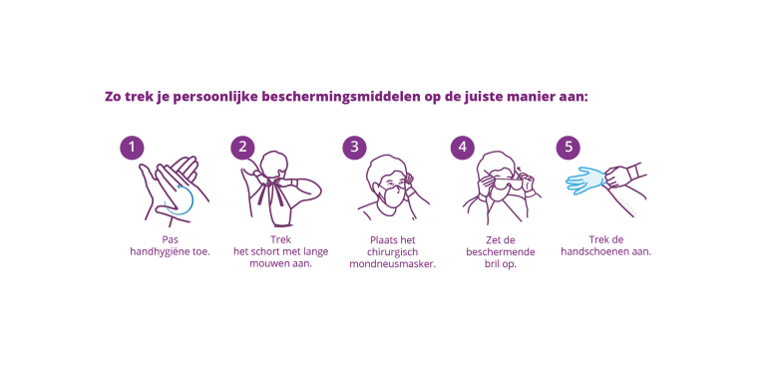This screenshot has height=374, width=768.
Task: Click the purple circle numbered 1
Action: pos(132,148)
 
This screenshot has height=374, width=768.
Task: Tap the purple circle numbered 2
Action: pos(242,148)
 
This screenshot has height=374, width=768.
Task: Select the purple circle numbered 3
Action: pos(354,148)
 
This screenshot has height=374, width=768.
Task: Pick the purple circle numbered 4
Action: pos(463,148)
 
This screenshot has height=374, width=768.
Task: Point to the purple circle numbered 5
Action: pos(569,148)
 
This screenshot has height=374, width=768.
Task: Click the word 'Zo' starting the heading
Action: pos(112,97)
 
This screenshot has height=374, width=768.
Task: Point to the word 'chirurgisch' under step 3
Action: pos(392,252)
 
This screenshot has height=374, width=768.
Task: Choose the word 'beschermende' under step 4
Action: pos(501,252)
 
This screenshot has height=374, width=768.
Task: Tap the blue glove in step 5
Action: pos(585,181)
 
